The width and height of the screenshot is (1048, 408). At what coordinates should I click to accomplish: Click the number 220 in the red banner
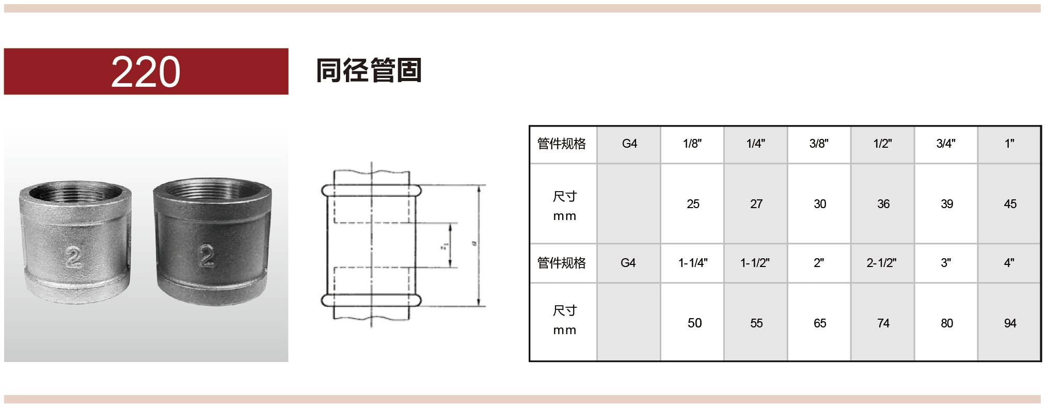click(146, 72)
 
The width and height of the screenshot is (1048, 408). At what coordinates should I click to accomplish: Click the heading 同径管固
click(369, 71)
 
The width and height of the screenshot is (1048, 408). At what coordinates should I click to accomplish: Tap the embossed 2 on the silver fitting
click(73, 257)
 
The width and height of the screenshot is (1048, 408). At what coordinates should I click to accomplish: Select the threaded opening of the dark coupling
click(212, 192)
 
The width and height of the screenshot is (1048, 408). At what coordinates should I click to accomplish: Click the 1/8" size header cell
click(692, 144)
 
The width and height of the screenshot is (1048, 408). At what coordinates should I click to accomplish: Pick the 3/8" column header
click(819, 144)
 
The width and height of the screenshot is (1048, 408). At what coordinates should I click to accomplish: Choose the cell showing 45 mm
click(1010, 204)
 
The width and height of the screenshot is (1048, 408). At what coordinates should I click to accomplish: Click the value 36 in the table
click(883, 204)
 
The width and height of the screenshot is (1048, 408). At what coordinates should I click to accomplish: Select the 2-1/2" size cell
click(881, 263)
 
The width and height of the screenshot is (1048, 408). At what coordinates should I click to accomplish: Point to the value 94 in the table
click(1010, 323)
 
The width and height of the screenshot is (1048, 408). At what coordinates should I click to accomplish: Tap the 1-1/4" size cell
click(693, 263)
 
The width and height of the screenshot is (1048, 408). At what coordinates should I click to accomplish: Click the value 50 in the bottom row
click(694, 323)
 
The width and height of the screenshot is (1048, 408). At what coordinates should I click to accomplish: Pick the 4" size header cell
click(1009, 263)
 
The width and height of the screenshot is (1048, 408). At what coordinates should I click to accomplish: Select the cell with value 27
click(756, 204)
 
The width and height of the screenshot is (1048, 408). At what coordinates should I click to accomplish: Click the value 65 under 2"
click(820, 323)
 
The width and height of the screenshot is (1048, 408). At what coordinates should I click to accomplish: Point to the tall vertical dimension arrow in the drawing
click(479, 245)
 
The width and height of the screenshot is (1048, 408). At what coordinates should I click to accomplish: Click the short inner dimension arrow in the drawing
click(451, 245)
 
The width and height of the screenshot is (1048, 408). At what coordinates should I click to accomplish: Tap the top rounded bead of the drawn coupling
click(371, 191)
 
